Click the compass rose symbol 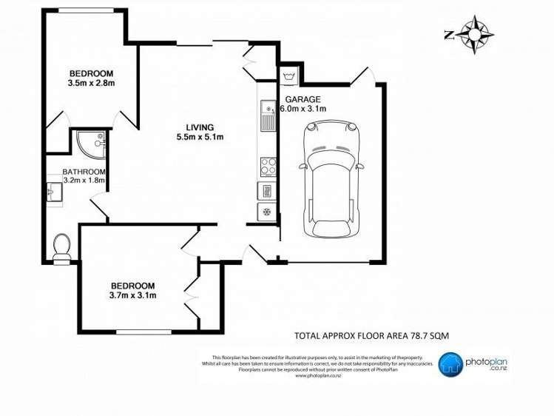pyautogui.click(x=475, y=34)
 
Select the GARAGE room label pyautogui.click(x=300, y=99)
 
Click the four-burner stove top pyautogui.click(x=267, y=165)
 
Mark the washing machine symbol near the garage pyautogui.click(x=288, y=76)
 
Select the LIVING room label pyautogui.click(x=200, y=126)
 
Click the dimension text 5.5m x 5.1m pyautogui.click(x=200, y=137)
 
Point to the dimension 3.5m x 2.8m pyautogui.click(x=91, y=84)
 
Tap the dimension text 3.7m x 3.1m pyautogui.click(x=133, y=296)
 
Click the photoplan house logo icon pyautogui.click(x=450, y=363)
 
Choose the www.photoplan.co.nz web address pyautogui.click(x=317, y=375)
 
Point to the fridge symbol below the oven pyautogui.click(x=267, y=212)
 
